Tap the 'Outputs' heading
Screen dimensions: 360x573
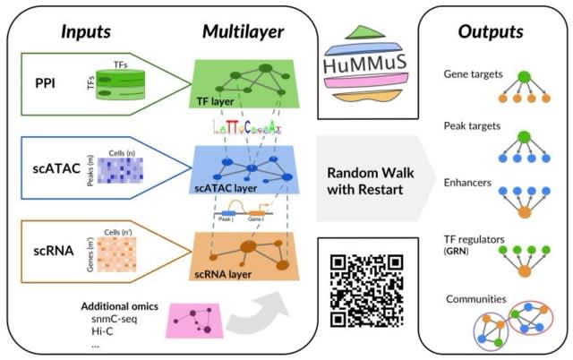coord(490,32)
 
